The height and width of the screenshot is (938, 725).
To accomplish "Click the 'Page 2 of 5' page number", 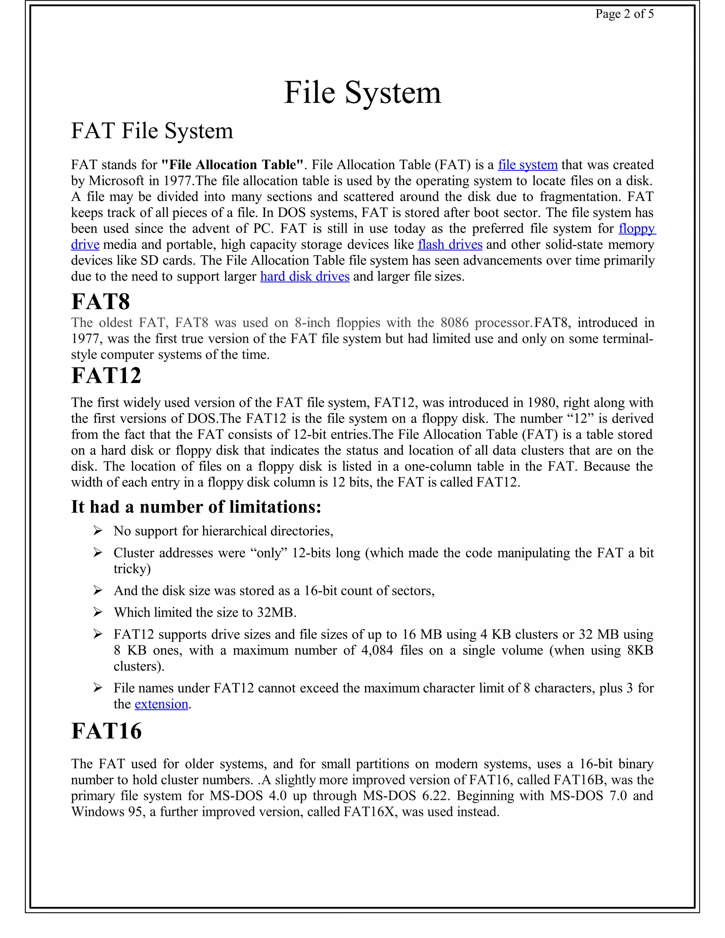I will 624,14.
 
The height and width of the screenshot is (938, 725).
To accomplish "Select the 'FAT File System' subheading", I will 152,131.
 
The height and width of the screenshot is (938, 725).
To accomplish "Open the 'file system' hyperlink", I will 527,165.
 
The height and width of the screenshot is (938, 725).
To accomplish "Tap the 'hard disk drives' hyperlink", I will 304,276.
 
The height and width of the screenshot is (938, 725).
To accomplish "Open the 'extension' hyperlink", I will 161,704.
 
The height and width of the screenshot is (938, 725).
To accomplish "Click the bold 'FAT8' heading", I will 101,302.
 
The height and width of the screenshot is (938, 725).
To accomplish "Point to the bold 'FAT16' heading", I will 106,731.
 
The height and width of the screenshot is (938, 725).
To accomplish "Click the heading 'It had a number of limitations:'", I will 196,507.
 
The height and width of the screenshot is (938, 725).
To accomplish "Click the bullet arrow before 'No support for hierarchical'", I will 98,531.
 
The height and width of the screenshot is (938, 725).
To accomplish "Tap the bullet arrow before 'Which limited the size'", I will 98,612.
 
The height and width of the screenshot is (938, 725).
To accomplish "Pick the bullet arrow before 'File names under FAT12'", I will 98,688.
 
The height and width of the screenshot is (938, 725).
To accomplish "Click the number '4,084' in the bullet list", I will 377,651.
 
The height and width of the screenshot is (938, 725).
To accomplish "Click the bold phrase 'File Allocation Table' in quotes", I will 232,165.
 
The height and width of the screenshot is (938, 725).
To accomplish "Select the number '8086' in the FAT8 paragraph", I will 455,323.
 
